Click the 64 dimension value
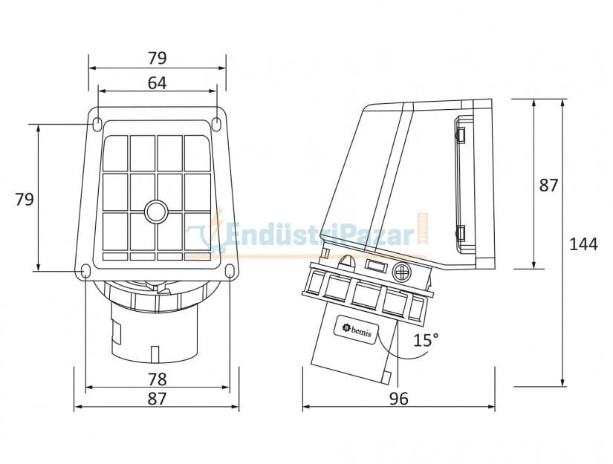pyautogui.click(x=157, y=83)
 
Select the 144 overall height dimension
pyautogui.click(x=583, y=244)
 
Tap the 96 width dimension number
pyautogui.click(x=399, y=399)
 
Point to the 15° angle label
pyautogui.click(x=426, y=340)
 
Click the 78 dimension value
pyautogui.click(x=157, y=379)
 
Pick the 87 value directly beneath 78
pyautogui.click(x=157, y=399)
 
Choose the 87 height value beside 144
pyautogui.click(x=548, y=186)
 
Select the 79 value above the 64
pyautogui.click(x=157, y=58)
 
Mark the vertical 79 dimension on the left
pyautogui.click(x=25, y=199)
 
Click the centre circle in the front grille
pyautogui.click(x=157, y=212)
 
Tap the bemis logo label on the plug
pyautogui.click(x=355, y=327)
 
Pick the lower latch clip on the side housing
pyautogui.click(x=460, y=234)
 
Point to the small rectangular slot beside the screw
pyautogui.click(x=374, y=267)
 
